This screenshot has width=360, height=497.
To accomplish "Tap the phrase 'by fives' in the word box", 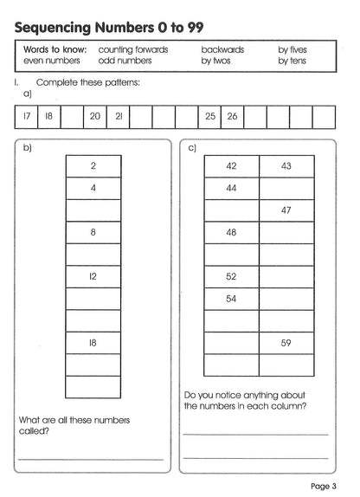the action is click(x=292, y=50).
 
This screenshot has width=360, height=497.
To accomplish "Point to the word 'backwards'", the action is click(x=223, y=50).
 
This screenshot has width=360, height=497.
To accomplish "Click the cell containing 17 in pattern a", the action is click(x=27, y=115).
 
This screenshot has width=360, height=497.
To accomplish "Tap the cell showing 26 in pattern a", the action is click(x=232, y=115).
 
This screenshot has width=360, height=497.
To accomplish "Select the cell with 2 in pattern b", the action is click(x=93, y=165).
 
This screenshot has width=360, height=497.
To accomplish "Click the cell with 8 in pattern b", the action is click(x=93, y=232).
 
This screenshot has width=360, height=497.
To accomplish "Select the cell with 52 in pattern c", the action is click(x=231, y=276).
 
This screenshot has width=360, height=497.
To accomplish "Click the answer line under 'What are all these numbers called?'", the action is click(x=90, y=458).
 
